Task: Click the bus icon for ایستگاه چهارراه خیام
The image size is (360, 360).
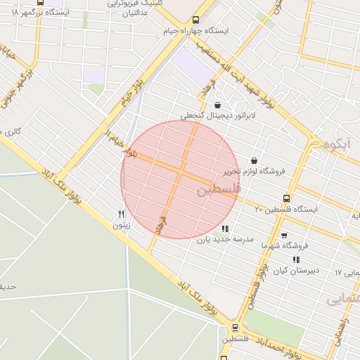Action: click(x=195, y=21)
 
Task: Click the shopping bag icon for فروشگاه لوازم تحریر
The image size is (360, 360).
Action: click(x=254, y=161)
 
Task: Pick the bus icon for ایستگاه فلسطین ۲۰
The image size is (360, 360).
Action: click(x=285, y=199)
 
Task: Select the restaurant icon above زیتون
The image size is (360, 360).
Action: click(x=121, y=214)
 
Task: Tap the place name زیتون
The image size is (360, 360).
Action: click(x=121, y=226)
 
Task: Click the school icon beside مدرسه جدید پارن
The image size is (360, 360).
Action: click(x=224, y=229)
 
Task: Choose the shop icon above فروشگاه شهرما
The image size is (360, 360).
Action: click(x=284, y=236)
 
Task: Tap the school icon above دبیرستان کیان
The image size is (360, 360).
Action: click(x=296, y=259)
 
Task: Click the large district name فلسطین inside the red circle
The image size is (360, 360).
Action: click(x=218, y=189)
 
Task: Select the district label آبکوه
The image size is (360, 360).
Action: click(x=340, y=144)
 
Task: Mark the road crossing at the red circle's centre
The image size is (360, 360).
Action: click(x=181, y=172)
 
